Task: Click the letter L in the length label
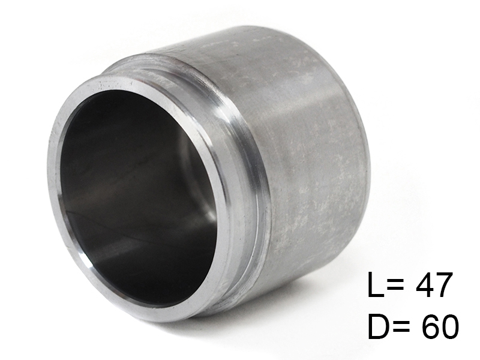(376, 284)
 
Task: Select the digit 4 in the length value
(424, 284)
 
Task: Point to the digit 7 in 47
(444, 284)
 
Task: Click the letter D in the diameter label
(378, 326)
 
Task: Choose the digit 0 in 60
(449, 326)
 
